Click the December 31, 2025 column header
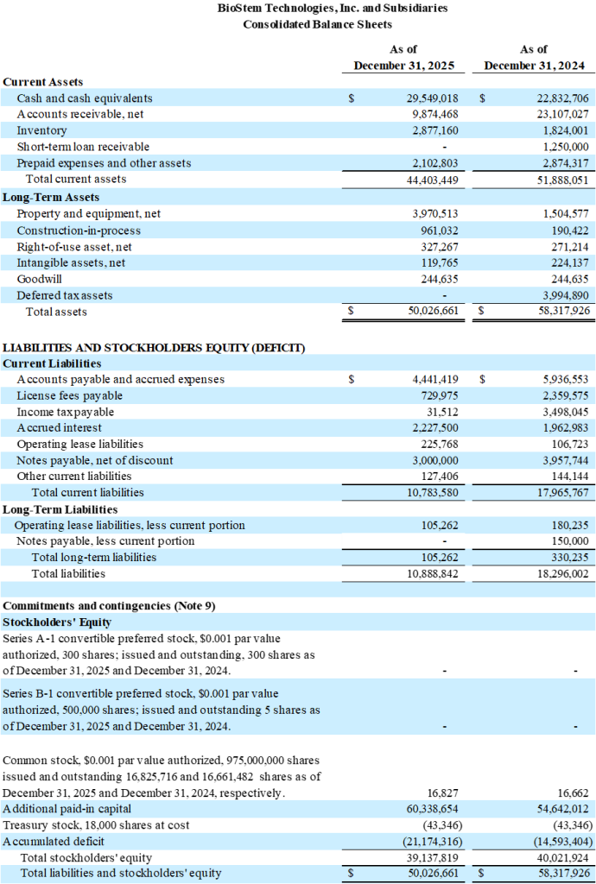(404, 66)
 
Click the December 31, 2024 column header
(534, 66)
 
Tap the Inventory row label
(41, 130)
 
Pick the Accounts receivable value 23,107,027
(562, 114)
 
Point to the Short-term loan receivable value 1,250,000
(562, 147)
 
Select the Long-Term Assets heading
(51, 197)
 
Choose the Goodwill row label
(40, 279)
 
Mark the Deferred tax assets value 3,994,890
(562, 295)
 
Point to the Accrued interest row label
(59, 427)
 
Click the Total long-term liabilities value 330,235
(569, 557)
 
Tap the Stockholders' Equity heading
(57, 622)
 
